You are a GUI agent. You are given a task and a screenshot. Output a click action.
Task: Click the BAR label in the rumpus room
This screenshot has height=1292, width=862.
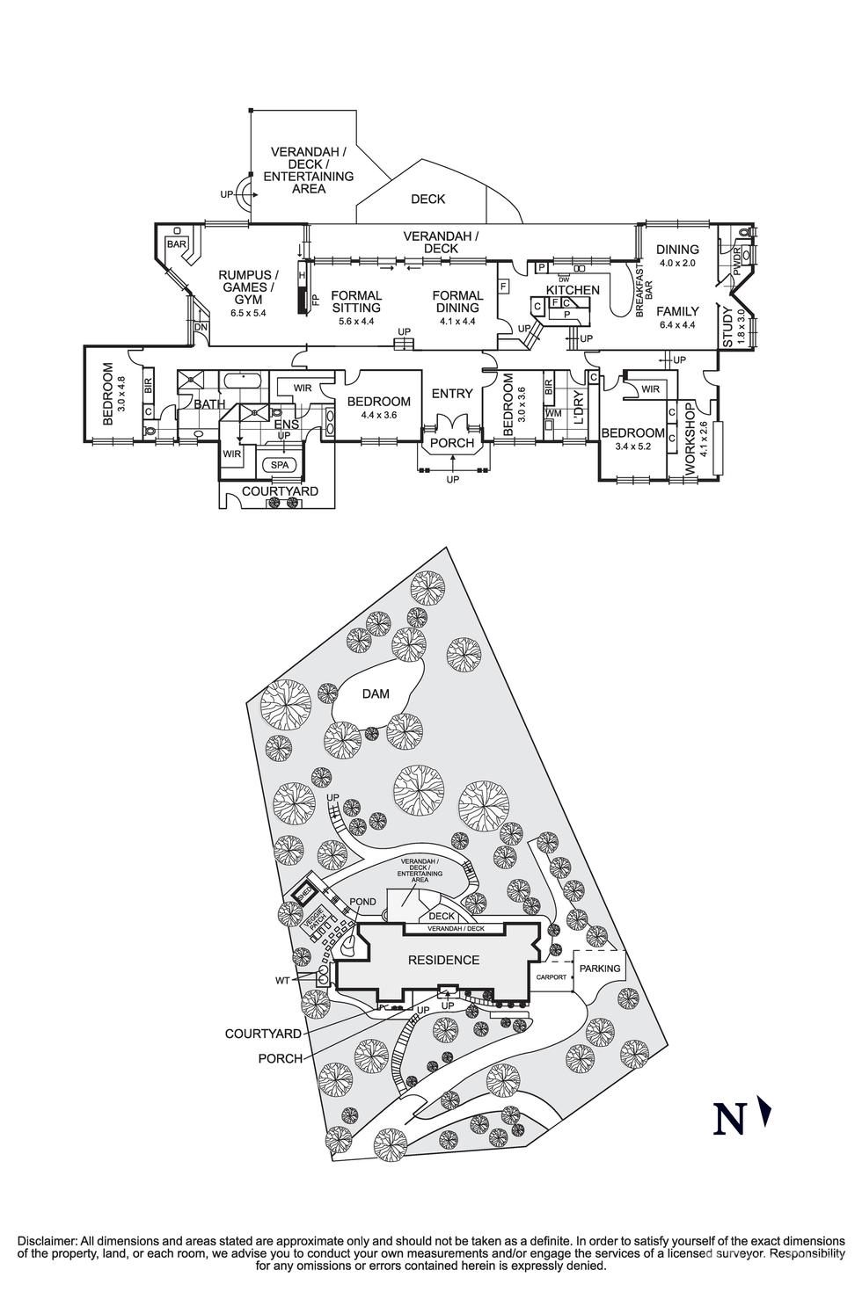point(177,243)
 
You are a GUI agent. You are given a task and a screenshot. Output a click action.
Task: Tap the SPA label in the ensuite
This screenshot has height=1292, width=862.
point(280,464)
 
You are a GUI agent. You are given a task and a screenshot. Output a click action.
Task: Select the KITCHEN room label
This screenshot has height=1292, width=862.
point(573,290)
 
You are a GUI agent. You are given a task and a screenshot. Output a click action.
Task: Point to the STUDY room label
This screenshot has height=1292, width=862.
point(727,326)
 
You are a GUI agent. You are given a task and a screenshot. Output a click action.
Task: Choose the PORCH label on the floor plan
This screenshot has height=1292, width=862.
point(452,443)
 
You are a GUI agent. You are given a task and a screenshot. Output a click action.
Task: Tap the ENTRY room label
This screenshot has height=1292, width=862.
point(452,394)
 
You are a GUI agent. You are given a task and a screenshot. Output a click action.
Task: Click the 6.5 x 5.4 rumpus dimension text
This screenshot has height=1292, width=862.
point(248,312)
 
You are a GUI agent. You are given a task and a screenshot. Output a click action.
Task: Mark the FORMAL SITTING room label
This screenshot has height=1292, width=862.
point(356,301)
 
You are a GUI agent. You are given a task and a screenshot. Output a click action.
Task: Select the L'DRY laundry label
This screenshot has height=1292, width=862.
point(578,413)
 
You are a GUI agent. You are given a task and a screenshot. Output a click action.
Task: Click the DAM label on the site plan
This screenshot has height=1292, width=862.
point(376,694)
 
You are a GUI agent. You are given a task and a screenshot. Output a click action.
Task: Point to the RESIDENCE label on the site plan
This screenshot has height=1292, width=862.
point(443,960)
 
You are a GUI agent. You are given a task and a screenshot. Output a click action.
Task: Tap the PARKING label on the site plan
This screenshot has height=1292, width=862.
point(599,969)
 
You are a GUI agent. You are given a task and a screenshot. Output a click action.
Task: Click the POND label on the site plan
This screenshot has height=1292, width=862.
point(362,903)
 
